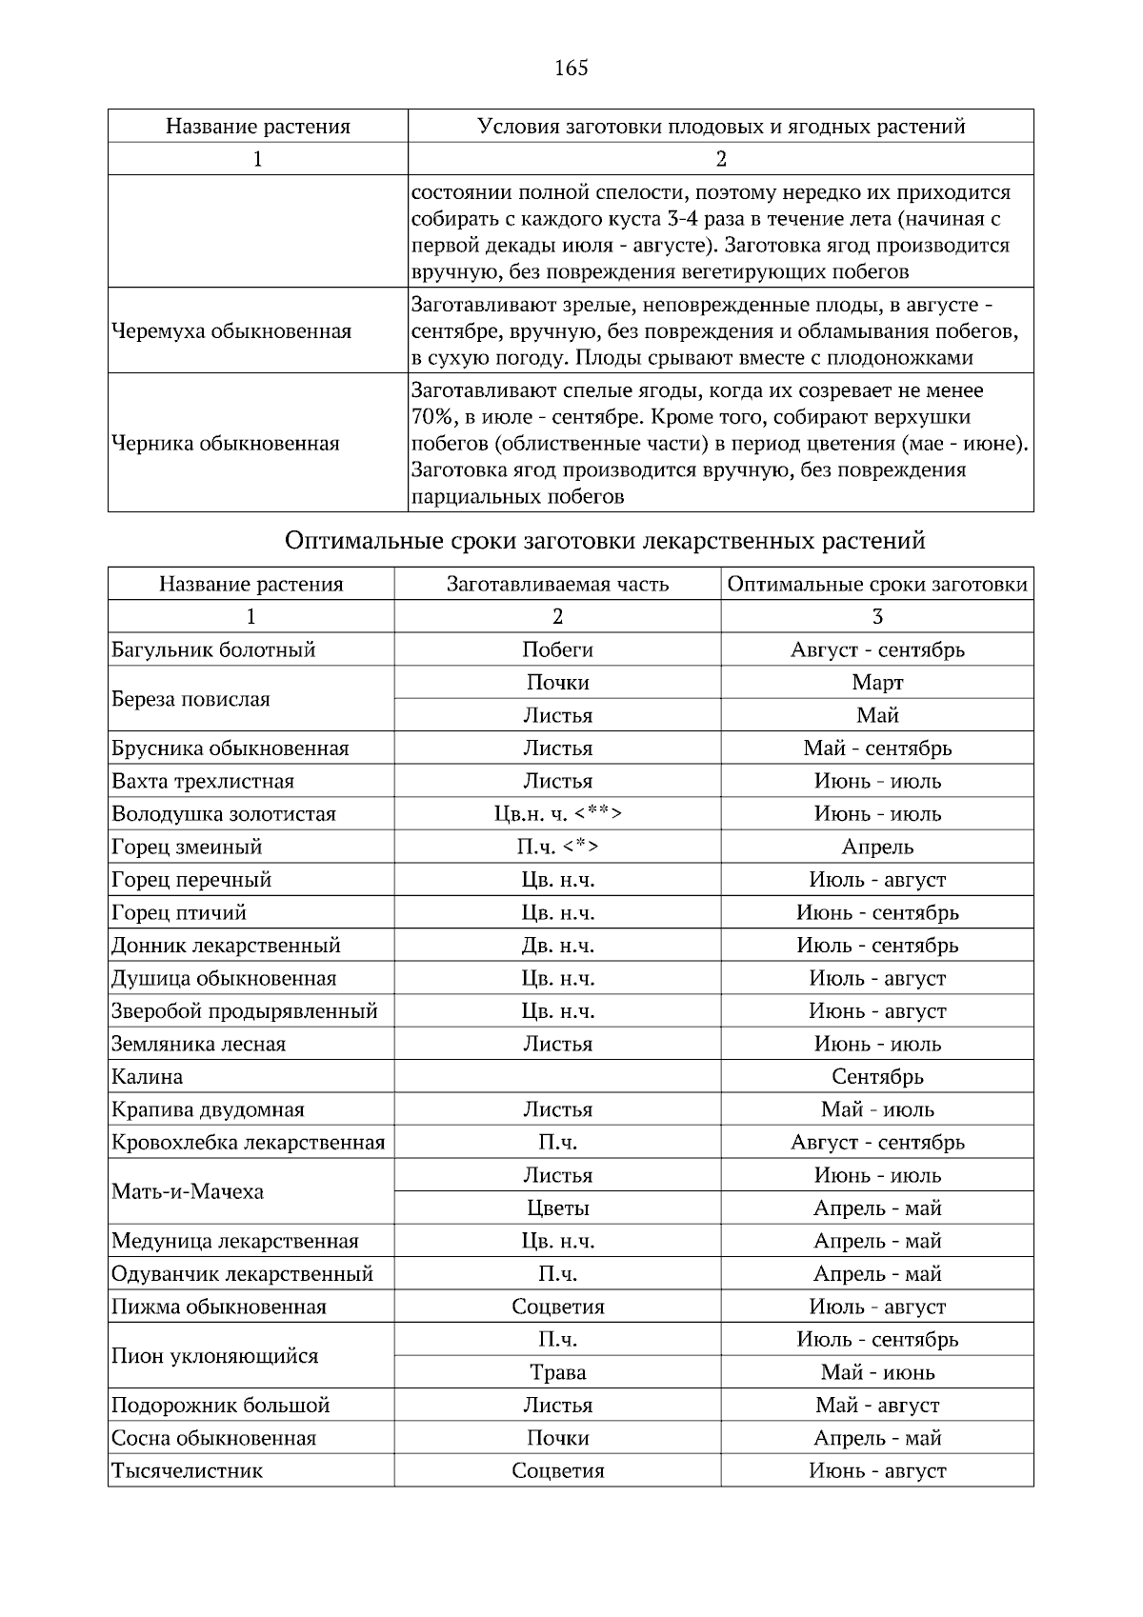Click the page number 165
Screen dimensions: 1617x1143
click(571, 68)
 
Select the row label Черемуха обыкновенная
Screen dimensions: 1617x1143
click(231, 331)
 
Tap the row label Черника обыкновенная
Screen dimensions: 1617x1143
click(226, 443)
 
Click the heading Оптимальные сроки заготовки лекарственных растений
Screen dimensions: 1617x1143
click(605, 541)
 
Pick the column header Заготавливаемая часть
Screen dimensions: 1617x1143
click(557, 584)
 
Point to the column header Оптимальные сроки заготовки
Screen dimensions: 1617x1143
click(877, 584)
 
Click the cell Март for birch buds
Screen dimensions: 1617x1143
click(877, 683)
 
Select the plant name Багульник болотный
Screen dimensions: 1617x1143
click(213, 649)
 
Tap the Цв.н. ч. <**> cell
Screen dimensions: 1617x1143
click(557, 814)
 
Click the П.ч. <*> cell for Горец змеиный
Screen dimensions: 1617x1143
click(557, 847)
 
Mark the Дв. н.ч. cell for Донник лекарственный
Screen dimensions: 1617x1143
click(557, 946)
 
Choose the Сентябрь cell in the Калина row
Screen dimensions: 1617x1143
click(877, 1077)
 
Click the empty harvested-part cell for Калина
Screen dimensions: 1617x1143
click(557, 1077)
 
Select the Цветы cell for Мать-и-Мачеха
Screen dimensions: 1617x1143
click(557, 1208)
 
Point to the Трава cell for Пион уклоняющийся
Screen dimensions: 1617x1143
click(557, 1372)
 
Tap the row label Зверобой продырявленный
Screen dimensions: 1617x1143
click(245, 1011)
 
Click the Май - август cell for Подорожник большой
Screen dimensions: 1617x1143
click(877, 1406)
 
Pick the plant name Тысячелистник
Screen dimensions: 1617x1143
click(187, 1471)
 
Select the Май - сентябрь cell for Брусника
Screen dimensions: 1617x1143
click(877, 749)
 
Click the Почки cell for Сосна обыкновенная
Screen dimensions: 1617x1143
click(557, 1438)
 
